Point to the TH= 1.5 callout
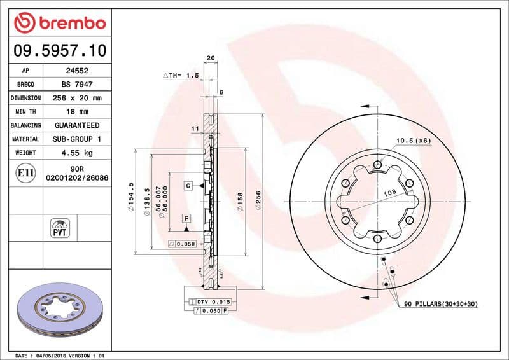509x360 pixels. click(x=181, y=75)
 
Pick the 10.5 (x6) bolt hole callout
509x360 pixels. click(x=413, y=140)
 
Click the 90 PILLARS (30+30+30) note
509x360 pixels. click(x=440, y=305)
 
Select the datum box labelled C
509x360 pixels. click(x=189, y=186)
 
